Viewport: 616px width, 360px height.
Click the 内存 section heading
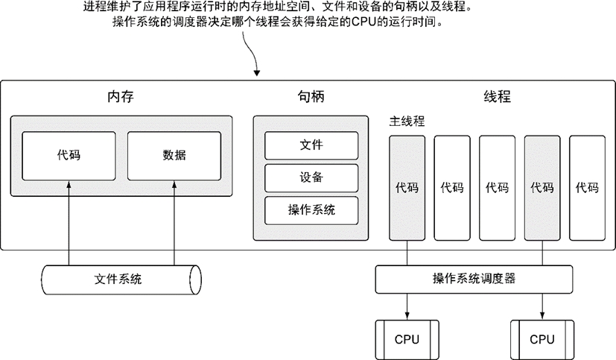(121, 97)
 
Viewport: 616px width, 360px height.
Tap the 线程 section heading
(498, 97)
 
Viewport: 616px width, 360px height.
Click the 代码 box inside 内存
(69, 156)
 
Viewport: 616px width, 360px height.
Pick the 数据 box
(174, 156)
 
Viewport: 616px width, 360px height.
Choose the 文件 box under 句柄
(311, 145)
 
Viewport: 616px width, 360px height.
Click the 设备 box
(311, 177)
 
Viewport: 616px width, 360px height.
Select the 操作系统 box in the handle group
(311, 209)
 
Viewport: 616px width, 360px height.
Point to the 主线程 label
(407, 121)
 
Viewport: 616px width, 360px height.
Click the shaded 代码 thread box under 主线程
(407, 188)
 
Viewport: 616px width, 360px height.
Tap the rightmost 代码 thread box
(587, 188)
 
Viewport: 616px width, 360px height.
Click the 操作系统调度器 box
(474, 279)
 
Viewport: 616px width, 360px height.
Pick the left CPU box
(407, 339)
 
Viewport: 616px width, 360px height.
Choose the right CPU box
(542, 339)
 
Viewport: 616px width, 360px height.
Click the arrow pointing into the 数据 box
(174, 216)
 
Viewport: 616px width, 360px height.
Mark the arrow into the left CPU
(407, 306)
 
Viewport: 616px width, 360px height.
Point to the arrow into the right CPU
(542, 306)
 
